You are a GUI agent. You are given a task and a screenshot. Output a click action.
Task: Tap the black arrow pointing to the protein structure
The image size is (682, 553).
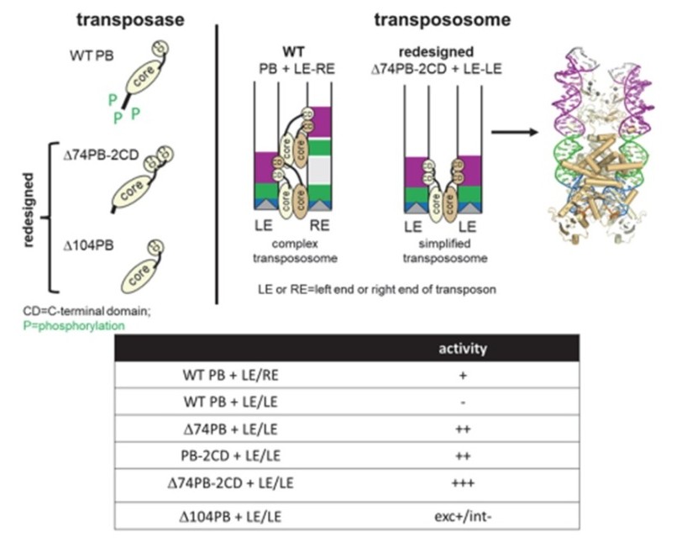pyautogui.click(x=515, y=132)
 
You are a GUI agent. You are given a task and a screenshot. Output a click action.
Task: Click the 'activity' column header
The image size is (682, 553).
pyautogui.click(x=464, y=347)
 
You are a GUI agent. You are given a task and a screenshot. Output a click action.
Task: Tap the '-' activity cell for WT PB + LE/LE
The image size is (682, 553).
pyautogui.click(x=464, y=401)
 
